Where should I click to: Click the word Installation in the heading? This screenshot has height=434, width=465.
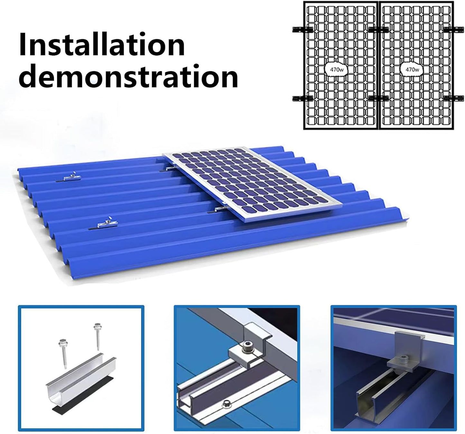pyautogui.click(x=102, y=45)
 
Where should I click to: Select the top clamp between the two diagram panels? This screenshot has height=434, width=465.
pyautogui.click(x=378, y=30)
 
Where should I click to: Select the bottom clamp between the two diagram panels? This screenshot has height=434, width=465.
pyautogui.click(x=378, y=98)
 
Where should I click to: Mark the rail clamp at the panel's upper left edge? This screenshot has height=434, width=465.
pyautogui.click(x=168, y=169)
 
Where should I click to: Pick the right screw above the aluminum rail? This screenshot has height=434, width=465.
pyautogui.click(x=97, y=335)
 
